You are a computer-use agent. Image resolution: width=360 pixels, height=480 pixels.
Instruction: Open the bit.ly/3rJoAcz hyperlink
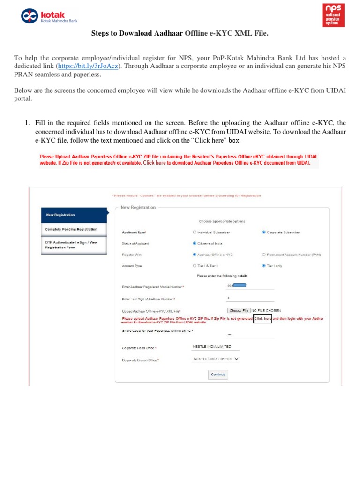[x=88, y=66]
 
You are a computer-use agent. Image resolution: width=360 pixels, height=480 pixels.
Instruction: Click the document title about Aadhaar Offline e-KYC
[x=180, y=33]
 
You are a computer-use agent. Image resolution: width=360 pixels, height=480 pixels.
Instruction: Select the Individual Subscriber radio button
[x=195, y=232]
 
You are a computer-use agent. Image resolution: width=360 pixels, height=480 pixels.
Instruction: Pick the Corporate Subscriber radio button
[x=264, y=232]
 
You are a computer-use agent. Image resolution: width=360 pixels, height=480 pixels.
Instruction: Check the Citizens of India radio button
[x=195, y=243]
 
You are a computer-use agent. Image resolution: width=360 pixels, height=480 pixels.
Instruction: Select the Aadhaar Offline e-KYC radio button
[x=195, y=255]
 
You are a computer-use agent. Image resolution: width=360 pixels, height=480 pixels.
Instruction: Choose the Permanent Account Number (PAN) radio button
[x=264, y=255]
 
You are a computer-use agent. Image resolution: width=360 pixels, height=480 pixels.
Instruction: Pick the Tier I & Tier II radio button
[x=195, y=266]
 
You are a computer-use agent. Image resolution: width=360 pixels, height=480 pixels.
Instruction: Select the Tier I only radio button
[x=264, y=266]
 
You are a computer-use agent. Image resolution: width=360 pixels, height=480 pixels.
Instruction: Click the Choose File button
[x=239, y=310]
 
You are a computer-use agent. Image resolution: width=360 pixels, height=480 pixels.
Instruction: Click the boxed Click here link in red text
[x=262, y=318]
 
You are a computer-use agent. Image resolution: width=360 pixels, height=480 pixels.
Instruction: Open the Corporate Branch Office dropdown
[x=216, y=359]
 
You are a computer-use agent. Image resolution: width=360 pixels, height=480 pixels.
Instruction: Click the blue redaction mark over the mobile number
[x=240, y=285]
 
